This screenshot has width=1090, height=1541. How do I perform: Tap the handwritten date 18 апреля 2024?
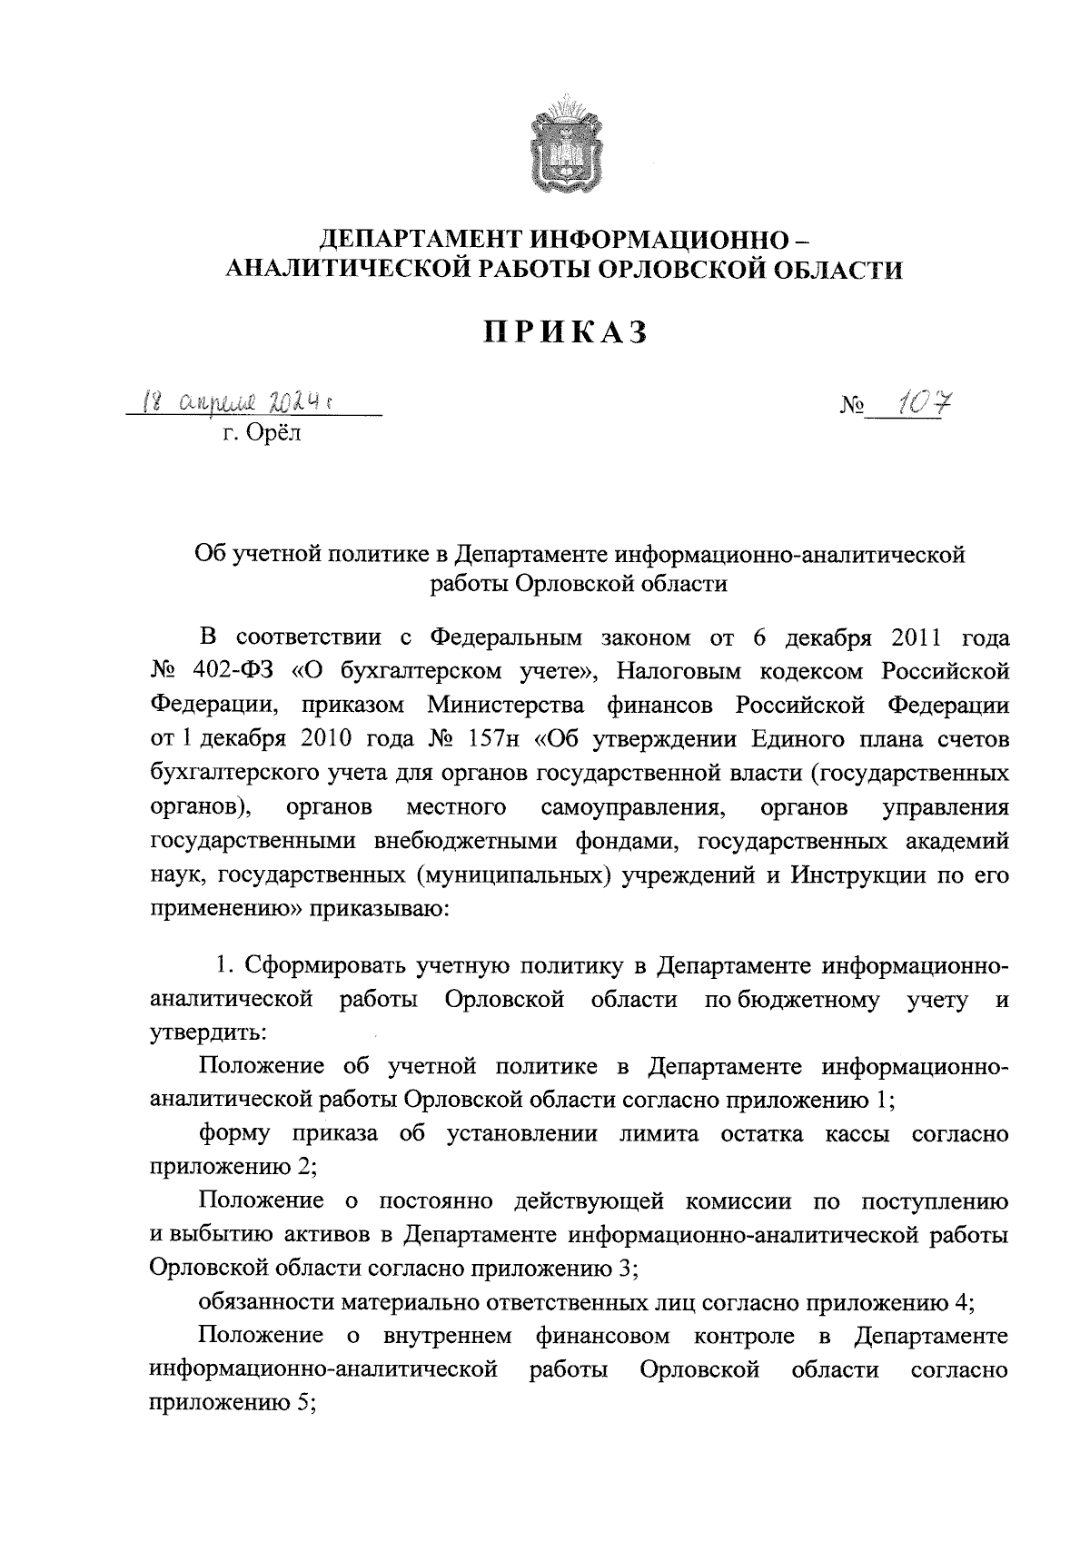coord(245,400)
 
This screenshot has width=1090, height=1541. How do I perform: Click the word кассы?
coord(857,1134)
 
